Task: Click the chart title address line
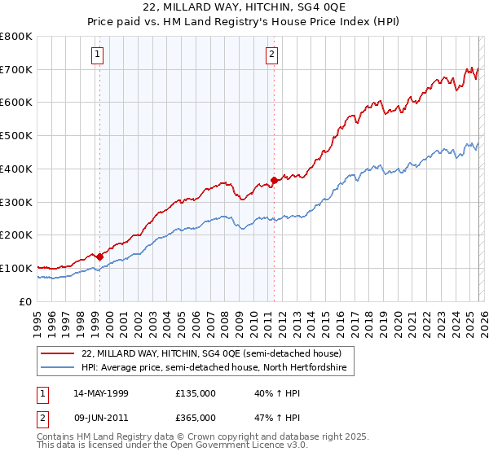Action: [244, 10]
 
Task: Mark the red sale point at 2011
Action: [275, 180]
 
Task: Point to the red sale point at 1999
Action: [100, 256]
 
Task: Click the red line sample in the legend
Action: [59, 353]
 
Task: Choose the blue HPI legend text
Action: [214, 368]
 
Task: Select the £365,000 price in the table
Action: [195, 417]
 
